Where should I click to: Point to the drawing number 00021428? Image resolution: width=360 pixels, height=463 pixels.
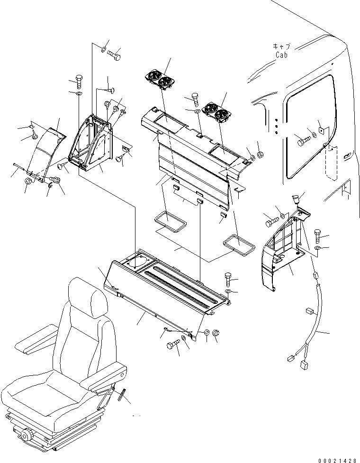coord(337,458)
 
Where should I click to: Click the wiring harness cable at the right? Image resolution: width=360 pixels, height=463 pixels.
coord(315,322)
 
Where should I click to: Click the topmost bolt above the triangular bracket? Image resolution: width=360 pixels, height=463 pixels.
coord(115,56)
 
